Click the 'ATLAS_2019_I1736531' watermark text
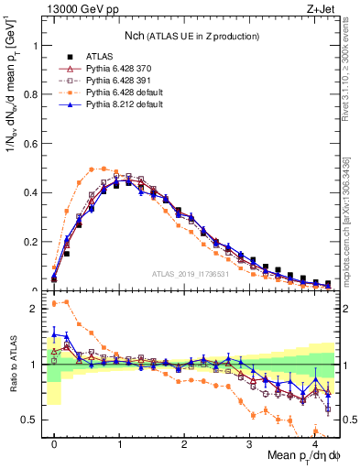tap(191, 274)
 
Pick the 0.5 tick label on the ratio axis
tap(33, 420)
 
